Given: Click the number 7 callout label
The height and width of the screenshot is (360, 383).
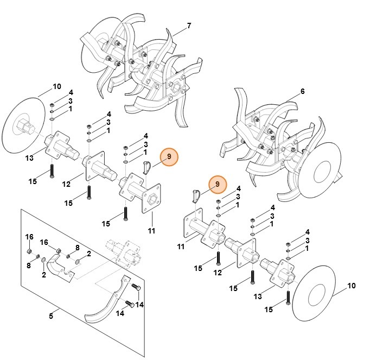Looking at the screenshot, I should (x=189, y=26).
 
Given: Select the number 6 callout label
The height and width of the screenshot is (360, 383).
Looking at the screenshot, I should (x=302, y=91).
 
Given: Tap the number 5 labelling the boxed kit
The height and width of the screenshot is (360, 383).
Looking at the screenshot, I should (x=51, y=316).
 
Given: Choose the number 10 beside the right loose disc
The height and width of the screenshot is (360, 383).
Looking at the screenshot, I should (x=351, y=286).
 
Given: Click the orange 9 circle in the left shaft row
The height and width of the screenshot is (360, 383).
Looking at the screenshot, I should (x=169, y=156).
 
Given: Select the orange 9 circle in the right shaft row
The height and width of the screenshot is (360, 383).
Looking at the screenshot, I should (x=218, y=185).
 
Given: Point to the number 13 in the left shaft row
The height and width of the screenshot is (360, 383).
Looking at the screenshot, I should (x=29, y=158).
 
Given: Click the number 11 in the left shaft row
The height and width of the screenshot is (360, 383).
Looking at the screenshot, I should (x=151, y=231).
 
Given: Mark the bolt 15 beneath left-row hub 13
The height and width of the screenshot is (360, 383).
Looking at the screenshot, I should (x=50, y=170).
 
